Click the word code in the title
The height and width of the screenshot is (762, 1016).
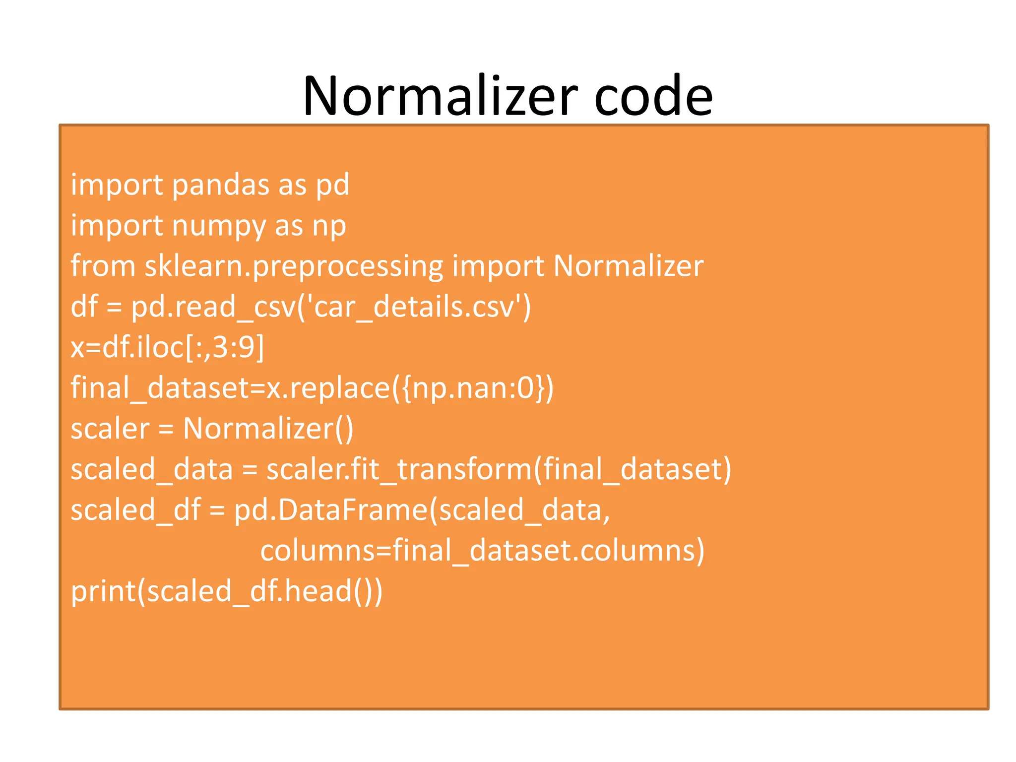(653, 96)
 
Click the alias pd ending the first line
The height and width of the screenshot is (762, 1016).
(333, 185)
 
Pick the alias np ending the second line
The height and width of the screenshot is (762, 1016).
(329, 226)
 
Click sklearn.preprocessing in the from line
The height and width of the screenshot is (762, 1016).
(294, 266)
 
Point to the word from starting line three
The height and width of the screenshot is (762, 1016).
(103, 266)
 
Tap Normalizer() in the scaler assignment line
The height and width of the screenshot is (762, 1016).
(268, 429)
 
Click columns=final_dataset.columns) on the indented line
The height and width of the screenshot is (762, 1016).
(482, 551)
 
